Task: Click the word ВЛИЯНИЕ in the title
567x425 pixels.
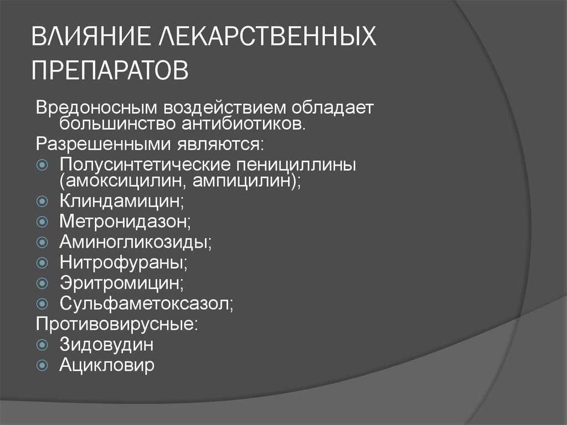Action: pyautogui.click(x=90, y=36)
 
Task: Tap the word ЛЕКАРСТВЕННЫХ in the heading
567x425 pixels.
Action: pyautogui.click(x=267, y=36)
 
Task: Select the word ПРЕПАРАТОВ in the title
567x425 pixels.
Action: pyautogui.click(x=110, y=70)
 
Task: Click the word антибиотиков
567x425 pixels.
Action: pyautogui.click(x=244, y=124)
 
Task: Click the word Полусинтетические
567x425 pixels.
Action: pyautogui.click(x=145, y=165)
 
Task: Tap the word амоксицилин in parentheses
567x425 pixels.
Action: pyautogui.click(x=122, y=181)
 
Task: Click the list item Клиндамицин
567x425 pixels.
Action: pyautogui.click(x=122, y=201)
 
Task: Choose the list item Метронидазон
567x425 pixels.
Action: pyautogui.click(x=125, y=221)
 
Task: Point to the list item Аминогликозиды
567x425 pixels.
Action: pyautogui.click(x=136, y=242)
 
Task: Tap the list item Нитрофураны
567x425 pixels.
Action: pyautogui.click(x=123, y=262)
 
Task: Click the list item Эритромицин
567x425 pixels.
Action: pyautogui.click(x=122, y=283)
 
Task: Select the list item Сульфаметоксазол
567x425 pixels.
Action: pyautogui.click(x=147, y=303)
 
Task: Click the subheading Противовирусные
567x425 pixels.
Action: pyautogui.click(x=117, y=324)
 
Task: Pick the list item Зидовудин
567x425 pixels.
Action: pyautogui.click(x=107, y=344)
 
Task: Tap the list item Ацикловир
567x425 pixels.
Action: pyautogui.click(x=107, y=365)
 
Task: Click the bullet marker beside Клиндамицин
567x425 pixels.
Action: pyautogui.click(x=42, y=201)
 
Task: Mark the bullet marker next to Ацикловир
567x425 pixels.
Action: pyautogui.click(x=42, y=365)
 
